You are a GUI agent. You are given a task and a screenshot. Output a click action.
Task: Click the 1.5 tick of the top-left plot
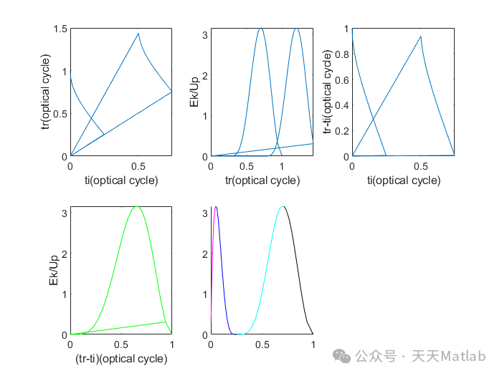[x=60, y=29]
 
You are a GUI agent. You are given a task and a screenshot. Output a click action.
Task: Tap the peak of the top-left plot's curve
[x=138, y=34]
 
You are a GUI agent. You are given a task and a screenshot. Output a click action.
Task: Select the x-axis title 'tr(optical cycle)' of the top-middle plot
[x=262, y=180]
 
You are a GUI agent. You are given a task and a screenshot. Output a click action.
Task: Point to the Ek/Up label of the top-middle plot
[x=194, y=92]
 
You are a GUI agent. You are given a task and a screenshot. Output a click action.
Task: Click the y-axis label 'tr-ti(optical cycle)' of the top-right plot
[x=328, y=92]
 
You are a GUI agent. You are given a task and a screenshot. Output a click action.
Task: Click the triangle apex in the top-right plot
[x=420, y=37]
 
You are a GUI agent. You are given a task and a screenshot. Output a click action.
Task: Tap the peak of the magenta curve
[x=215, y=206]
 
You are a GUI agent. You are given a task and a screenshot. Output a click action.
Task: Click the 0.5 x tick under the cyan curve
[x=262, y=344]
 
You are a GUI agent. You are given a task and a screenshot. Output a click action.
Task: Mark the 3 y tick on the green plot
[x=65, y=213]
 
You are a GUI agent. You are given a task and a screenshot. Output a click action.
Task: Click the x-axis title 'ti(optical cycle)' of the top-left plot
[x=120, y=180]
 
